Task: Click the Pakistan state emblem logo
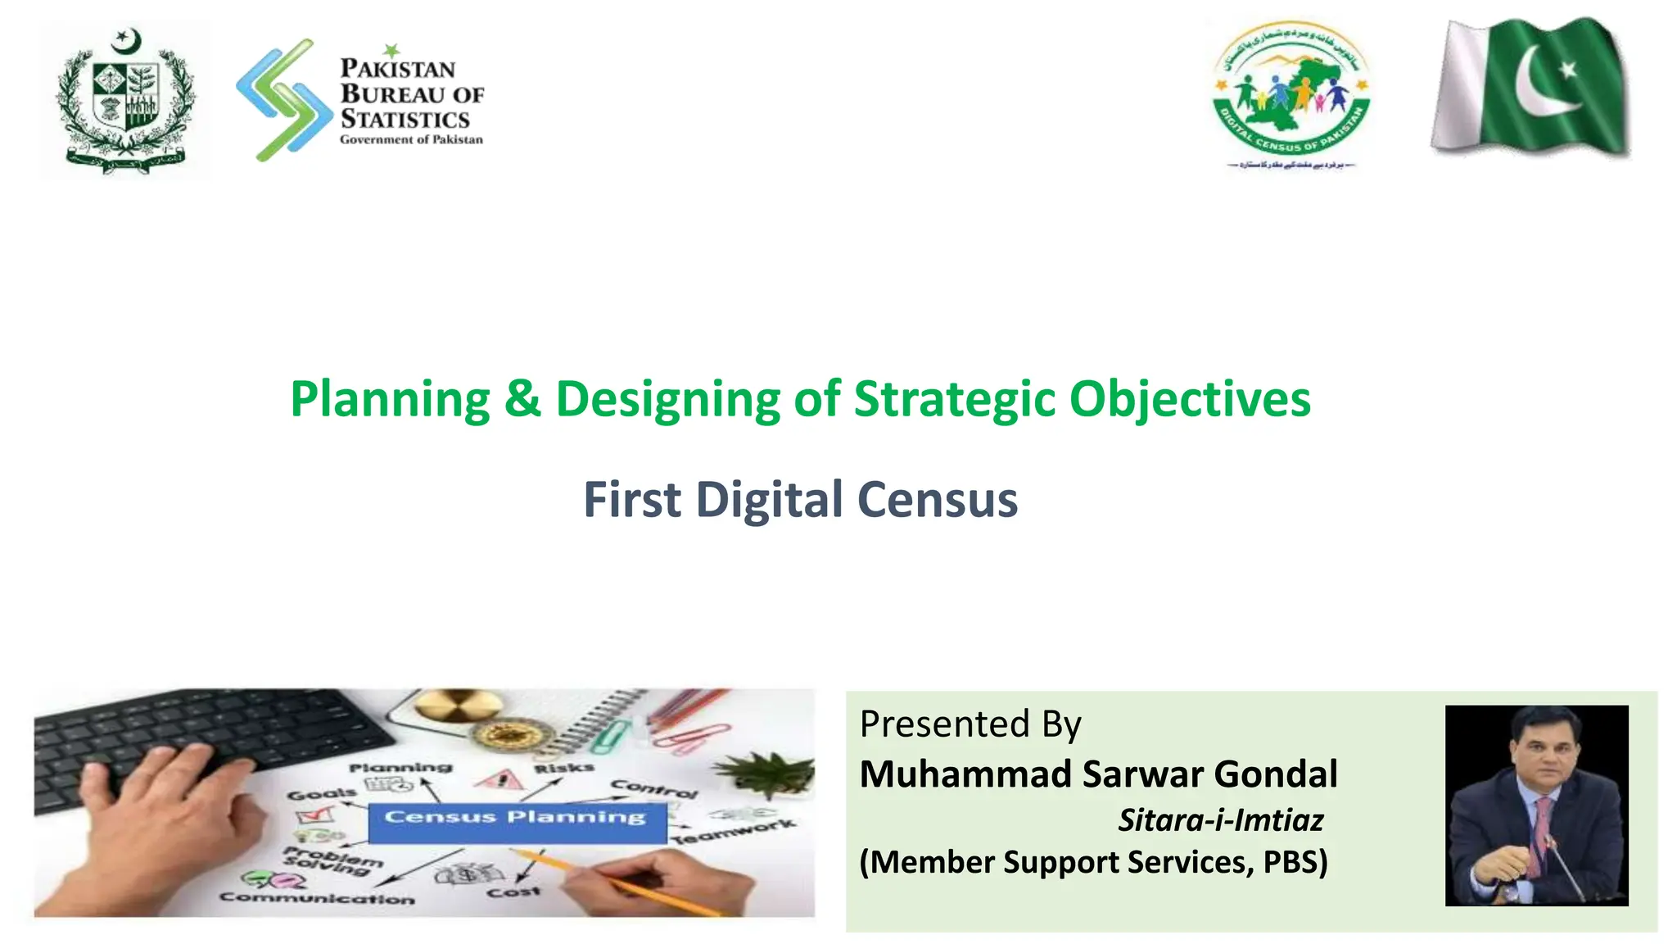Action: click(125, 99)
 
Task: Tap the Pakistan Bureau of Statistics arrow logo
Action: click(283, 99)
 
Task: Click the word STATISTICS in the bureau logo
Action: click(405, 120)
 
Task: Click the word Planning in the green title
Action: click(390, 400)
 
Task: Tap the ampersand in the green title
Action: click(522, 399)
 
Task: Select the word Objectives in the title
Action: click(1189, 400)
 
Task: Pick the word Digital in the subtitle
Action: click(769, 500)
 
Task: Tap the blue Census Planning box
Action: click(516, 820)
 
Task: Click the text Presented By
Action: click(970, 724)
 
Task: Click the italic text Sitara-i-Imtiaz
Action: click(1220, 820)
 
